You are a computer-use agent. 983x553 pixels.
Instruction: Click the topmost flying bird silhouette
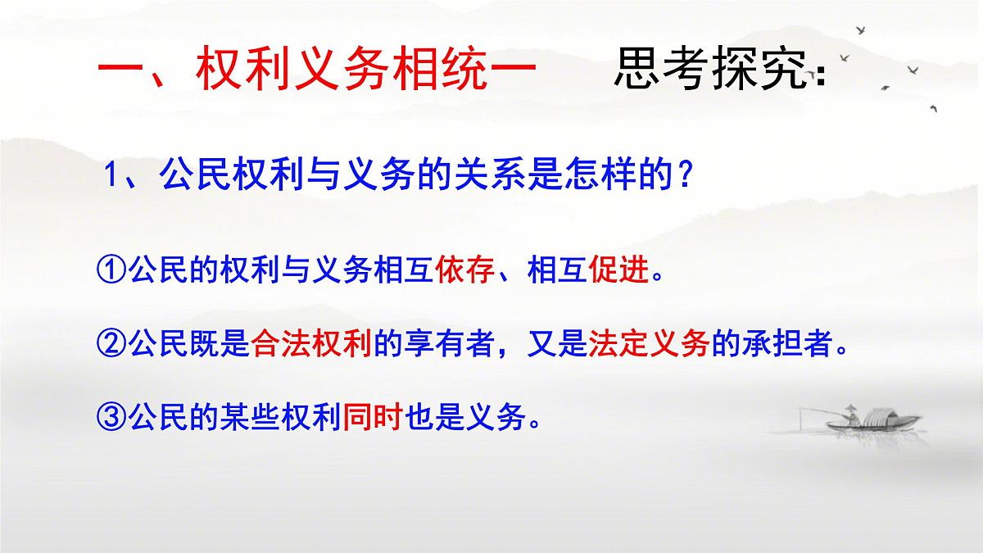click(861, 30)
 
